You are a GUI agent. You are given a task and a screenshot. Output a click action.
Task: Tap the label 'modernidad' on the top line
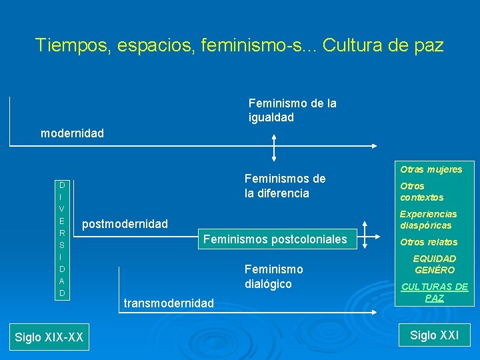[x=72, y=133]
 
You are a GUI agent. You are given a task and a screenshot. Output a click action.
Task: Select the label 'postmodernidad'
[x=125, y=224]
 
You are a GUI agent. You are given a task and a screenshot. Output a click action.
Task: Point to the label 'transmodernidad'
[x=169, y=303]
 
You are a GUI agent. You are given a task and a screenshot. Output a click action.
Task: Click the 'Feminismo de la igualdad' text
[x=292, y=110]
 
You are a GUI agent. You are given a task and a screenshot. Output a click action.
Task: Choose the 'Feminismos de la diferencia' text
[x=285, y=186]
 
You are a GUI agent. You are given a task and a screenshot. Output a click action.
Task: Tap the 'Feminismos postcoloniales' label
[x=275, y=239]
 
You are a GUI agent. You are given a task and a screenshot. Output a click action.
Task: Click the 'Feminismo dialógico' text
[x=273, y=277]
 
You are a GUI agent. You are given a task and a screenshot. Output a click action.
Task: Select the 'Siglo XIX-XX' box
[x=49, y=337]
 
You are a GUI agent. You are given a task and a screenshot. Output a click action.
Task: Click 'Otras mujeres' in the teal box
[x=431, y=169]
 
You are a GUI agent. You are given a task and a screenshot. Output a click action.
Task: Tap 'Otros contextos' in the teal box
[x=421, y=192]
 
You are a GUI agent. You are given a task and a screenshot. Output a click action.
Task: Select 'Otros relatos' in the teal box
[x=428, y=242]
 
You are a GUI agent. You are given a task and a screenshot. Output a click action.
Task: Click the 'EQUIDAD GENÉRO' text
[x=435, y=264]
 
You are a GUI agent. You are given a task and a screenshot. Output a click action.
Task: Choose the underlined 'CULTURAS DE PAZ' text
[x=435, y=292]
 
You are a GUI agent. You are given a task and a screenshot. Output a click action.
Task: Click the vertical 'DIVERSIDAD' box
[x=61, y=239]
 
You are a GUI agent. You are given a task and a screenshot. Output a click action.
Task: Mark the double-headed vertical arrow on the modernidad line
[x=274, y=147]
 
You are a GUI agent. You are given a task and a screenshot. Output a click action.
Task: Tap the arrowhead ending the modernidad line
[x=374, y=146]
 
